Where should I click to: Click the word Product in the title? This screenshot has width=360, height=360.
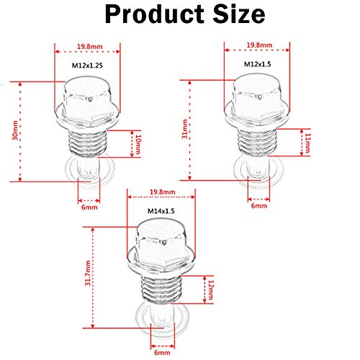155,14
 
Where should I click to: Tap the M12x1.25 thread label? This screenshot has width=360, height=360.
87,66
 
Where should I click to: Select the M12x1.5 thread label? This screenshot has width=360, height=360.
258,64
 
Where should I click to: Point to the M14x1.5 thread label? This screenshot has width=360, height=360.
161,211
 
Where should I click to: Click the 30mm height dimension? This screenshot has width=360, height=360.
15,130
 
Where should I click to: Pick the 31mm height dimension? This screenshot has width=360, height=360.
185,129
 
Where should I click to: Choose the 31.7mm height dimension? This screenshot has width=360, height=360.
88,273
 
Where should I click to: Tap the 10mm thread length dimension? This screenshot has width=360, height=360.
138,144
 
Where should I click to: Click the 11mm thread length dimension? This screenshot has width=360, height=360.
307,143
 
